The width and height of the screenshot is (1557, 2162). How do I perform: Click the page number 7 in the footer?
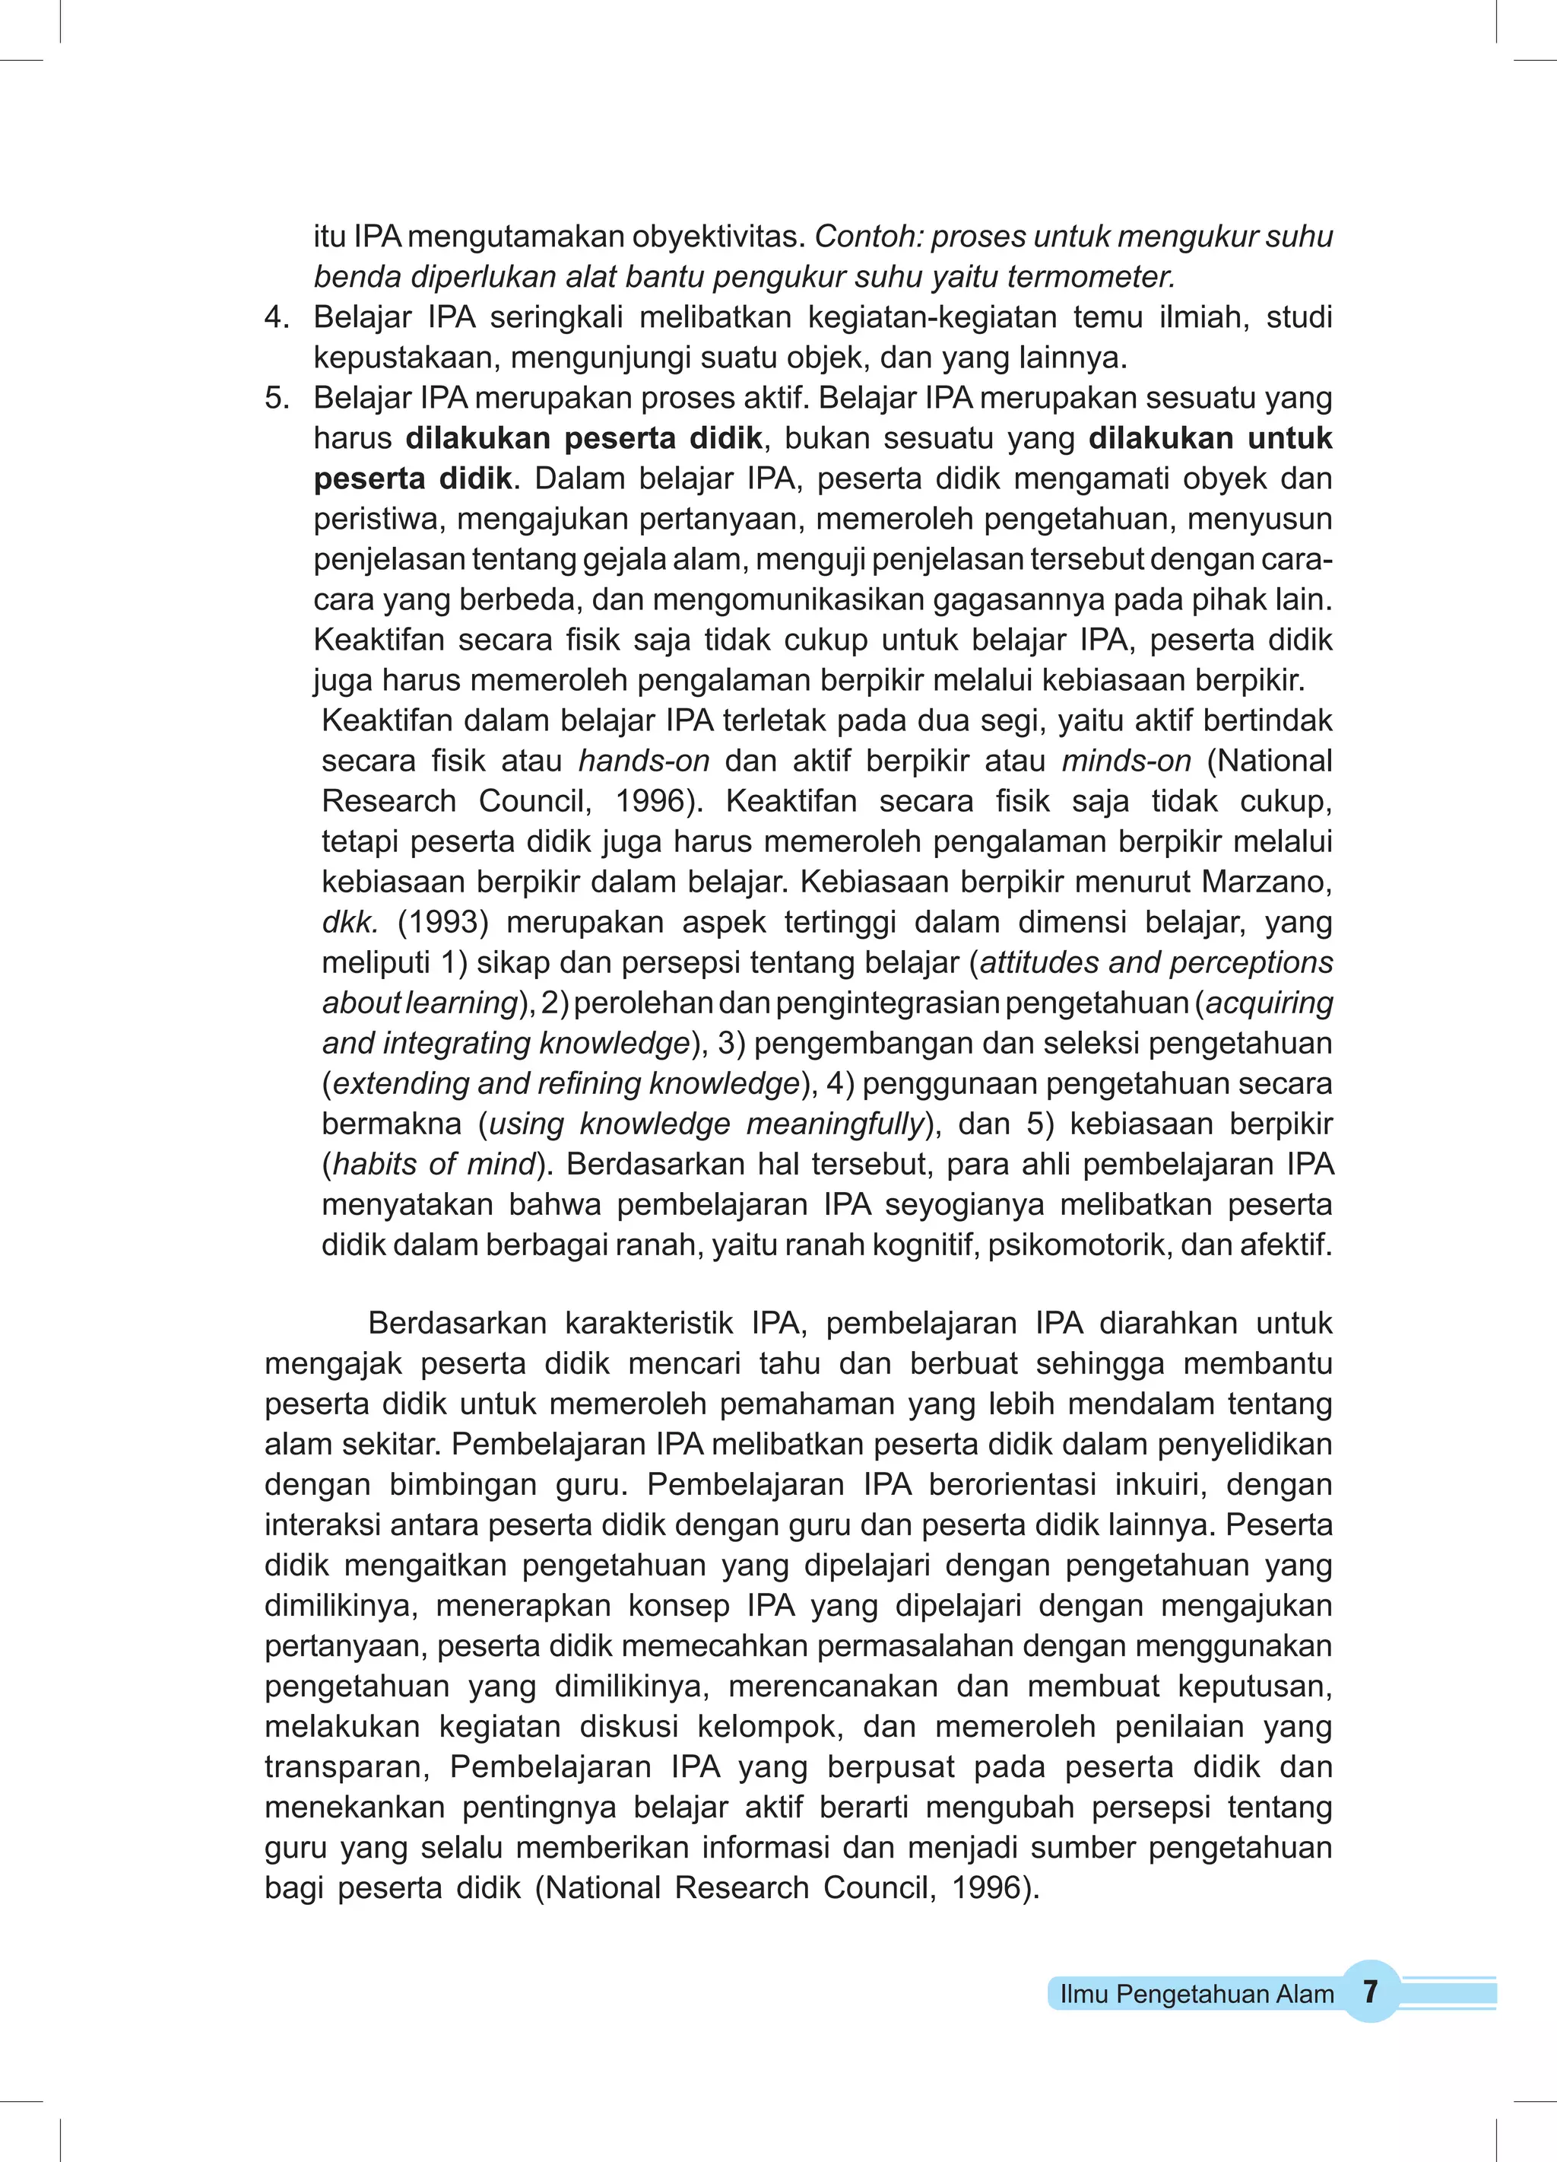tap(1370, 1992)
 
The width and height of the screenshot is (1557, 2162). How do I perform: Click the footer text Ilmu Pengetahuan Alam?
tap(1197, 1994)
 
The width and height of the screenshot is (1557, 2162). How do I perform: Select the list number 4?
tap(275, 317)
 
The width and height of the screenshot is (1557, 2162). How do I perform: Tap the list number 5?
tap(275, 398)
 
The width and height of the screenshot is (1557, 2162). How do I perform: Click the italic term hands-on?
tap(644, 761)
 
